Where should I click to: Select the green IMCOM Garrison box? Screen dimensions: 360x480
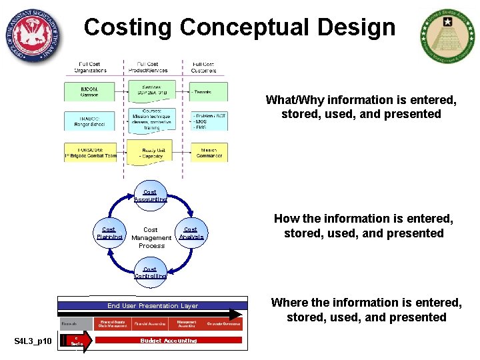(x=90, y=91)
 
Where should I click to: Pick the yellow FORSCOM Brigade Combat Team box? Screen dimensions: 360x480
(x=90, y=153)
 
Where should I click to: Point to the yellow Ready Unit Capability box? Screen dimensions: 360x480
(x=153, y=153)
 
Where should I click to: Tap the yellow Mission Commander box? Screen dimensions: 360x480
(x=209, y=153)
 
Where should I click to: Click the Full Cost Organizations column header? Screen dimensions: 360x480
(x=91, y=67)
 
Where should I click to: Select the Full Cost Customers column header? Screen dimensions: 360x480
(x=203, y=67)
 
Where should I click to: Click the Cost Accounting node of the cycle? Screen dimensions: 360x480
(x=150, y=195)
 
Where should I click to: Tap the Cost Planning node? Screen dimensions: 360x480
(x=109, y=233)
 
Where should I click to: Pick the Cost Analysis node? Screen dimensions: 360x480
(x=191, y=233)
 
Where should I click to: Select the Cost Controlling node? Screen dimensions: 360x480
(x=150, y=273)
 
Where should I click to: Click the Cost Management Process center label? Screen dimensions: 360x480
(x=151, y=237)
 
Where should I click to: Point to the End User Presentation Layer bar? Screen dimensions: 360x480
(x=153, y=305)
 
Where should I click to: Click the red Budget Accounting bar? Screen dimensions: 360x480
(x=169, y=341)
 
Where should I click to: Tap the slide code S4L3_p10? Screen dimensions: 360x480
(x=33, y=342)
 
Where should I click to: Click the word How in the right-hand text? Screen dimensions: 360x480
(x=286, y=219)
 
